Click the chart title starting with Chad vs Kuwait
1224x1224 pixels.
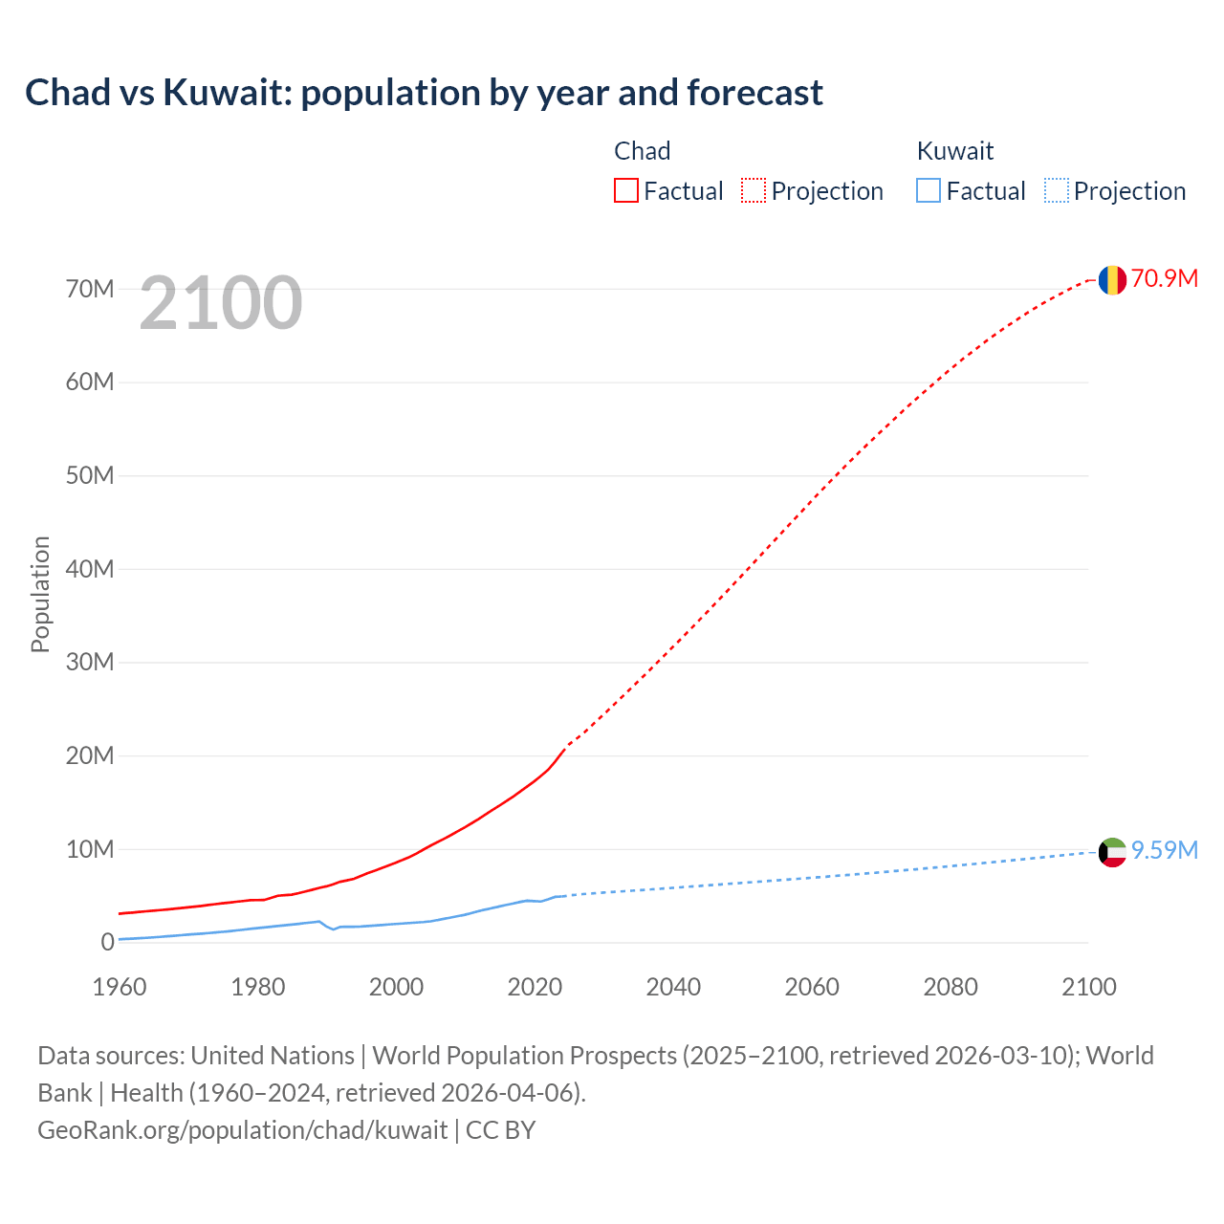tap(424, 93)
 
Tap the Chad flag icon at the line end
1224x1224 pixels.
tap(1112, 279)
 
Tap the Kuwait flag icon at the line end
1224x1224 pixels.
tap(1112, 851)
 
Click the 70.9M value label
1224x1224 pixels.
tap(1164, 278)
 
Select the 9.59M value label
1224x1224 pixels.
tap(1164, 850)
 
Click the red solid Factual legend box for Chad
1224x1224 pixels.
tap(626, 190)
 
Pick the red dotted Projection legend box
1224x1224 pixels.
tap(754, 190)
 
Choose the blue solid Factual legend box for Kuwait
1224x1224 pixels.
tap(929, 190)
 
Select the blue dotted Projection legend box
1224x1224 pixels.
tap(1057, 190)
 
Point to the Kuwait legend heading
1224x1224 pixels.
tap(954, 151)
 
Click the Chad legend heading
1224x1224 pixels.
tap(642, 151)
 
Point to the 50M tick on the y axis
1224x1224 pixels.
tap(90, 475)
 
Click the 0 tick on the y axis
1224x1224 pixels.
tap(107, 943)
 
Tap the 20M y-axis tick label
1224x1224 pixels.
tap(90, 755)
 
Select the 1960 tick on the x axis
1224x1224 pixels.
tap(120, 987)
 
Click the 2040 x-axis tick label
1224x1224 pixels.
tap(673, 987)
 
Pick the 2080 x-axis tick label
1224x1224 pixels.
tap(951, 987)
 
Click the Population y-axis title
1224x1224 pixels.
tap(40, 594)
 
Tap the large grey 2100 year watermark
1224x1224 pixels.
tap(221, 303)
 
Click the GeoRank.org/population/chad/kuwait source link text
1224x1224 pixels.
tap(242, 1130)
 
